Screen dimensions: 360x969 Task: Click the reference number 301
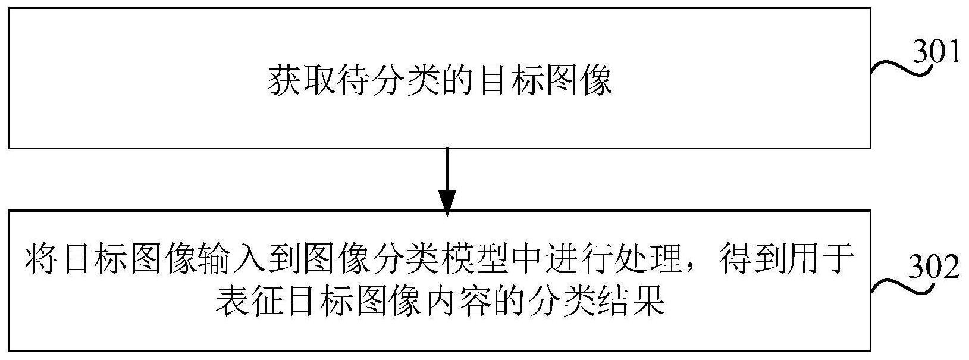click(x=937, y=53)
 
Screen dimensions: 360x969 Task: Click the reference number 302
click(x=937, y=268)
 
